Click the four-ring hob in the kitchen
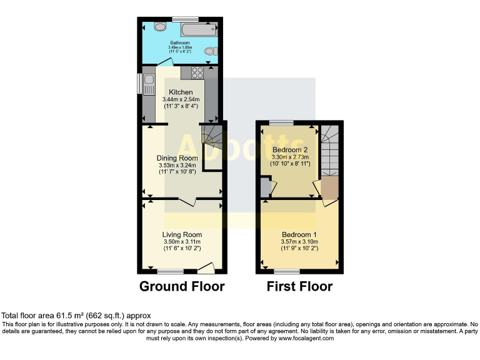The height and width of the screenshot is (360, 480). tap(198, 72)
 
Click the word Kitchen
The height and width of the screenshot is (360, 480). tap(181, 92)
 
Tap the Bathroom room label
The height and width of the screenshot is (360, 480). tap(179, 43)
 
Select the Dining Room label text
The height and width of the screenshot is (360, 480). tap(177, 158)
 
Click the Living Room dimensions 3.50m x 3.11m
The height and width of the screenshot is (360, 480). tap(181, 242)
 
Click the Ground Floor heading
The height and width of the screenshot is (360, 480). tap(181, 287)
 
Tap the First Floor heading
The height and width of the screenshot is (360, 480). tap(299, 287)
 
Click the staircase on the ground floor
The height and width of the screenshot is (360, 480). tap(213, 136)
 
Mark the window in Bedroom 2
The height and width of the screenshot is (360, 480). tap(282, 123)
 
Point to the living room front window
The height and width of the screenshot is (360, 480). tap(170, 272)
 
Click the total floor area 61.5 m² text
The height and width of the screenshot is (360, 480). tap(76, 316)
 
